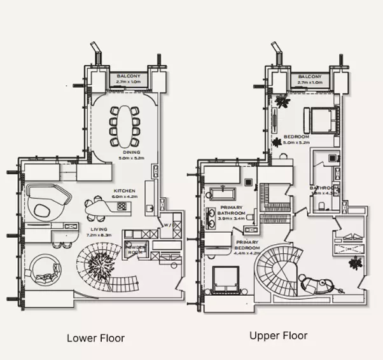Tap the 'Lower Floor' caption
[x=95, y=338]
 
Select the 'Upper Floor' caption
[x=278, y=335]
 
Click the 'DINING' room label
[x=132, y=152]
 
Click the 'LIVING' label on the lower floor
[x=98, y=228]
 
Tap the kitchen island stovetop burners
[x=122, y=205]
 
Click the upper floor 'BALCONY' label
[x=310, y=76]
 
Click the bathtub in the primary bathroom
[x=223, y=193]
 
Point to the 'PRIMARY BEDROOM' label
[x=247, y=246]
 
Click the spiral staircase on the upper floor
[x=280, y=267]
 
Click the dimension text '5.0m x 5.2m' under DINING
[x=132, y=158]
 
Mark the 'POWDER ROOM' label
[x=136, y=249]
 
